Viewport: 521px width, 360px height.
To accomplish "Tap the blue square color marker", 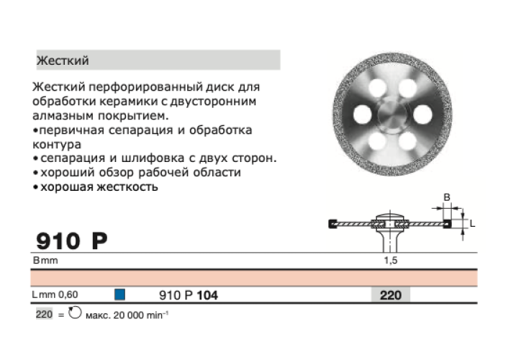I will (x=119, y=294).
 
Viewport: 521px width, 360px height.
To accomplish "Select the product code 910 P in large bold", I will (x=71, y=240).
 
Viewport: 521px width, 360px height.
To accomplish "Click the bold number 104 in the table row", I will (x=207, y=294).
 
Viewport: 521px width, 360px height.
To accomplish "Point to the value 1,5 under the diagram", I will (x=390, y=260).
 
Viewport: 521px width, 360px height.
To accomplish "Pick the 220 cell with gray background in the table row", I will (x=390, y=294).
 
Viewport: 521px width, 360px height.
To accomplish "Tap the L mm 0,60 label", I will (x=55, y=294).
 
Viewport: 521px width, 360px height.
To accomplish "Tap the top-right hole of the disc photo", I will (x=408, y=89).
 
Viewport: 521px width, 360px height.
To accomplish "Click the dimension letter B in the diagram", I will (x=447, y=197).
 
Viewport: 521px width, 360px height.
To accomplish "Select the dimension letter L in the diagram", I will (x=473, y=224).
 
